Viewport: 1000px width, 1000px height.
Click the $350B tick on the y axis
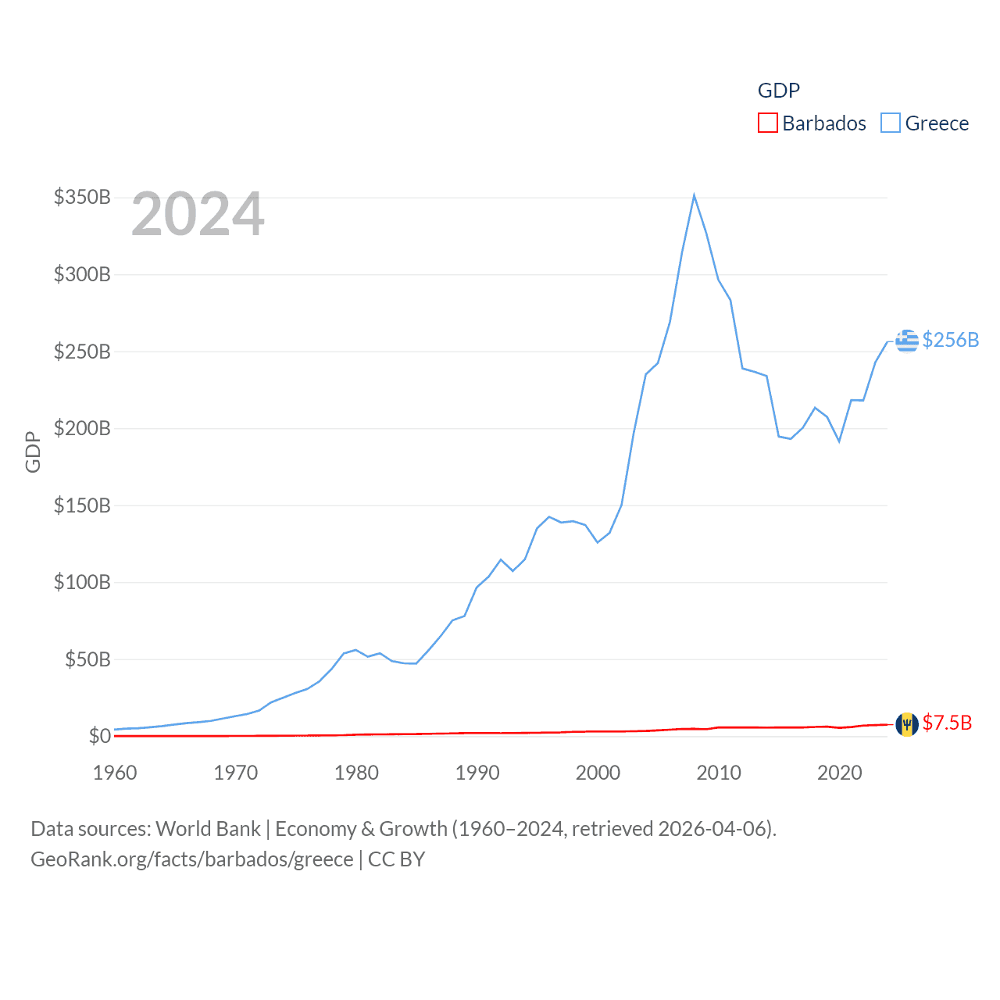pos(82,197)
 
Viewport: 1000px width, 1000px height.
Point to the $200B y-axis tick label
pos(82,428)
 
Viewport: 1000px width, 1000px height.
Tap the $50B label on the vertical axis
pos(87,659)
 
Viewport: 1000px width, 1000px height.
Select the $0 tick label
pos(99,736)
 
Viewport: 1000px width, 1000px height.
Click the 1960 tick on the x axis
pos(115,773)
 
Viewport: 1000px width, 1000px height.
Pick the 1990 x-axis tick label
pos(477,773)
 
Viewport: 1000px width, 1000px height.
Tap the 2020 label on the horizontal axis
pos(840,773)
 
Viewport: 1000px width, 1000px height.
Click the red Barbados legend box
pos(768,123)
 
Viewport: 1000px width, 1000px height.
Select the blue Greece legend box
pos(891,123)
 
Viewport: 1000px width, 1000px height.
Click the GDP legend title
pos(779,91)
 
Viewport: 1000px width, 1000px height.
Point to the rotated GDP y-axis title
pos(33,452)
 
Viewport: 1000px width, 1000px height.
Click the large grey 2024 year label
pos(198,214)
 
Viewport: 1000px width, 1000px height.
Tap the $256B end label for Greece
pos(951,340)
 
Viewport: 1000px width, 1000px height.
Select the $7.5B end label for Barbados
pos(947,723)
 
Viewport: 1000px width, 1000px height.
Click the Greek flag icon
pos(907,341)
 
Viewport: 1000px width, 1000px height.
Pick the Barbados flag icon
pos(907,724)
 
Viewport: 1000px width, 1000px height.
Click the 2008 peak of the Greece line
pos(694,195)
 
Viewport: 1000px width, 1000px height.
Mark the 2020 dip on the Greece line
pos(839,441)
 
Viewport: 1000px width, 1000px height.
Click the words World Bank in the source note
pos(208,828)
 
